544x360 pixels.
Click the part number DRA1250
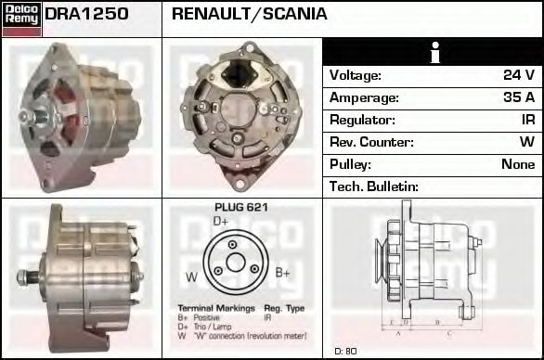coord(86,14)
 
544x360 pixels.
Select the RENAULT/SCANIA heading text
coord(250,14)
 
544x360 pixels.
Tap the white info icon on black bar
coord(433,52)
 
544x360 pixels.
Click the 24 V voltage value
coord(517,75)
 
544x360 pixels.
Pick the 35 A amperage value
coord(517,97)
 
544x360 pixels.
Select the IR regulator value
coord(527,120)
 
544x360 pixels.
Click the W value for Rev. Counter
coord(526,142)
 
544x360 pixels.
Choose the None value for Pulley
coord(517,164)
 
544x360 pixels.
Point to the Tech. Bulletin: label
coord(374,186)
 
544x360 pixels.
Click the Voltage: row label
coord(356,75)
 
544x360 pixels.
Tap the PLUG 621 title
coord(240,208)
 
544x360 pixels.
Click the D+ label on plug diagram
coord(221,222)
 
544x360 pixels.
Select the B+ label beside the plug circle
coord(283,273)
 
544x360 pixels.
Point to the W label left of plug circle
coord(191,276)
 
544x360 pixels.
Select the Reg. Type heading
coord(284,308)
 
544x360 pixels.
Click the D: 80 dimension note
coord(345,351)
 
